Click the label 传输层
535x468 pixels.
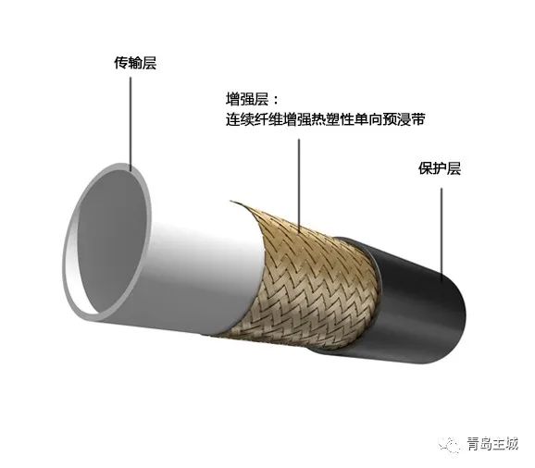coord(135,64)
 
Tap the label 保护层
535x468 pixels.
coord(440,168)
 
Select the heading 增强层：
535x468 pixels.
coord(253,100)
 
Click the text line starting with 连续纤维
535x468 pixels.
coord(326,119)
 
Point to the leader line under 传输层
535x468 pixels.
coord(131,123)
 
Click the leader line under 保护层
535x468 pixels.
coord(442,235)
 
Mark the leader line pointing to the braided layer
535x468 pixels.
coord(299,185)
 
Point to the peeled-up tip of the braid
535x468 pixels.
coord(232,202)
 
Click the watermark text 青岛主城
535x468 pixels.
coord(493,444)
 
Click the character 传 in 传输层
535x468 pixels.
coord(121,64)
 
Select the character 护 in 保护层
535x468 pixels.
coord(440,168)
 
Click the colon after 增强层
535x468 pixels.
coord(276,101)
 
